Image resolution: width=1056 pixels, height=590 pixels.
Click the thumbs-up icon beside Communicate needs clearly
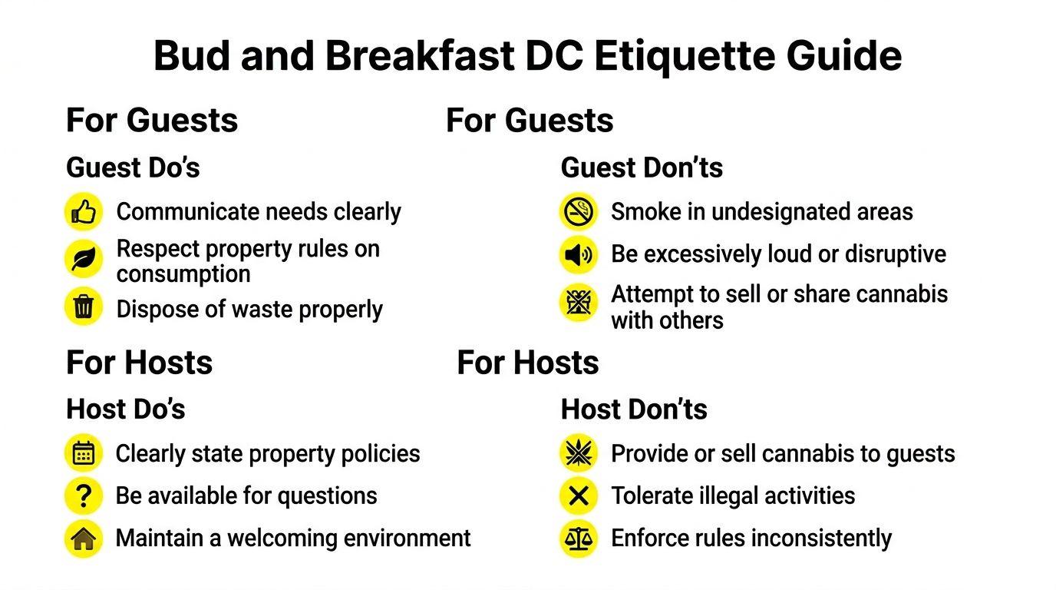click(x=84, y=212)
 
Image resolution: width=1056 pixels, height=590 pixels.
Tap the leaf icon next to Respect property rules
click(x=84, y=260)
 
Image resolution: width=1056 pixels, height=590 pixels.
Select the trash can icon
click(x=84, y=307)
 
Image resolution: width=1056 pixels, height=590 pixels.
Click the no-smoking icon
click(x=578, y=212)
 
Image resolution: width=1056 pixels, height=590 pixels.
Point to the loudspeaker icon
click(x=578, y=255)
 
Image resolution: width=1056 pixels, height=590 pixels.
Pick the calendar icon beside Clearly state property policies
click(x=84, y=453)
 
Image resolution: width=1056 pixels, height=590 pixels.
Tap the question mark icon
click(x=84, y=496)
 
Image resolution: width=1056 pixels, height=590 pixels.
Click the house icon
click(x=84, y=539)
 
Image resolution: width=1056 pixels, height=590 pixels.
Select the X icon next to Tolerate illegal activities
click(x=578, y=496)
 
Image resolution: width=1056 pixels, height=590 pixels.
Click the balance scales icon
click(x=578, y=539)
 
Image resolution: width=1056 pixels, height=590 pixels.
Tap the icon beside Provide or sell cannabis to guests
click(x=578, y=453)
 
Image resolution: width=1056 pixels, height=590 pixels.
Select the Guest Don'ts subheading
click(x=642, y=167)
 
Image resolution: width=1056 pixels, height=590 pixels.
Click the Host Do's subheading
click(x=126, y=409)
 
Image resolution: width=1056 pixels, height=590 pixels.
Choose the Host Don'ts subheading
click(x=634, y=409)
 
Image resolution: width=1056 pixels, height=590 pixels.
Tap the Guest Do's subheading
click(x=133, y=167)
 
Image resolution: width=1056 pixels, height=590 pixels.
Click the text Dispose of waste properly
click(x=249, y=310)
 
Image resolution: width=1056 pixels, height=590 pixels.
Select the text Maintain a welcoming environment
click(x=293, y=539)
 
